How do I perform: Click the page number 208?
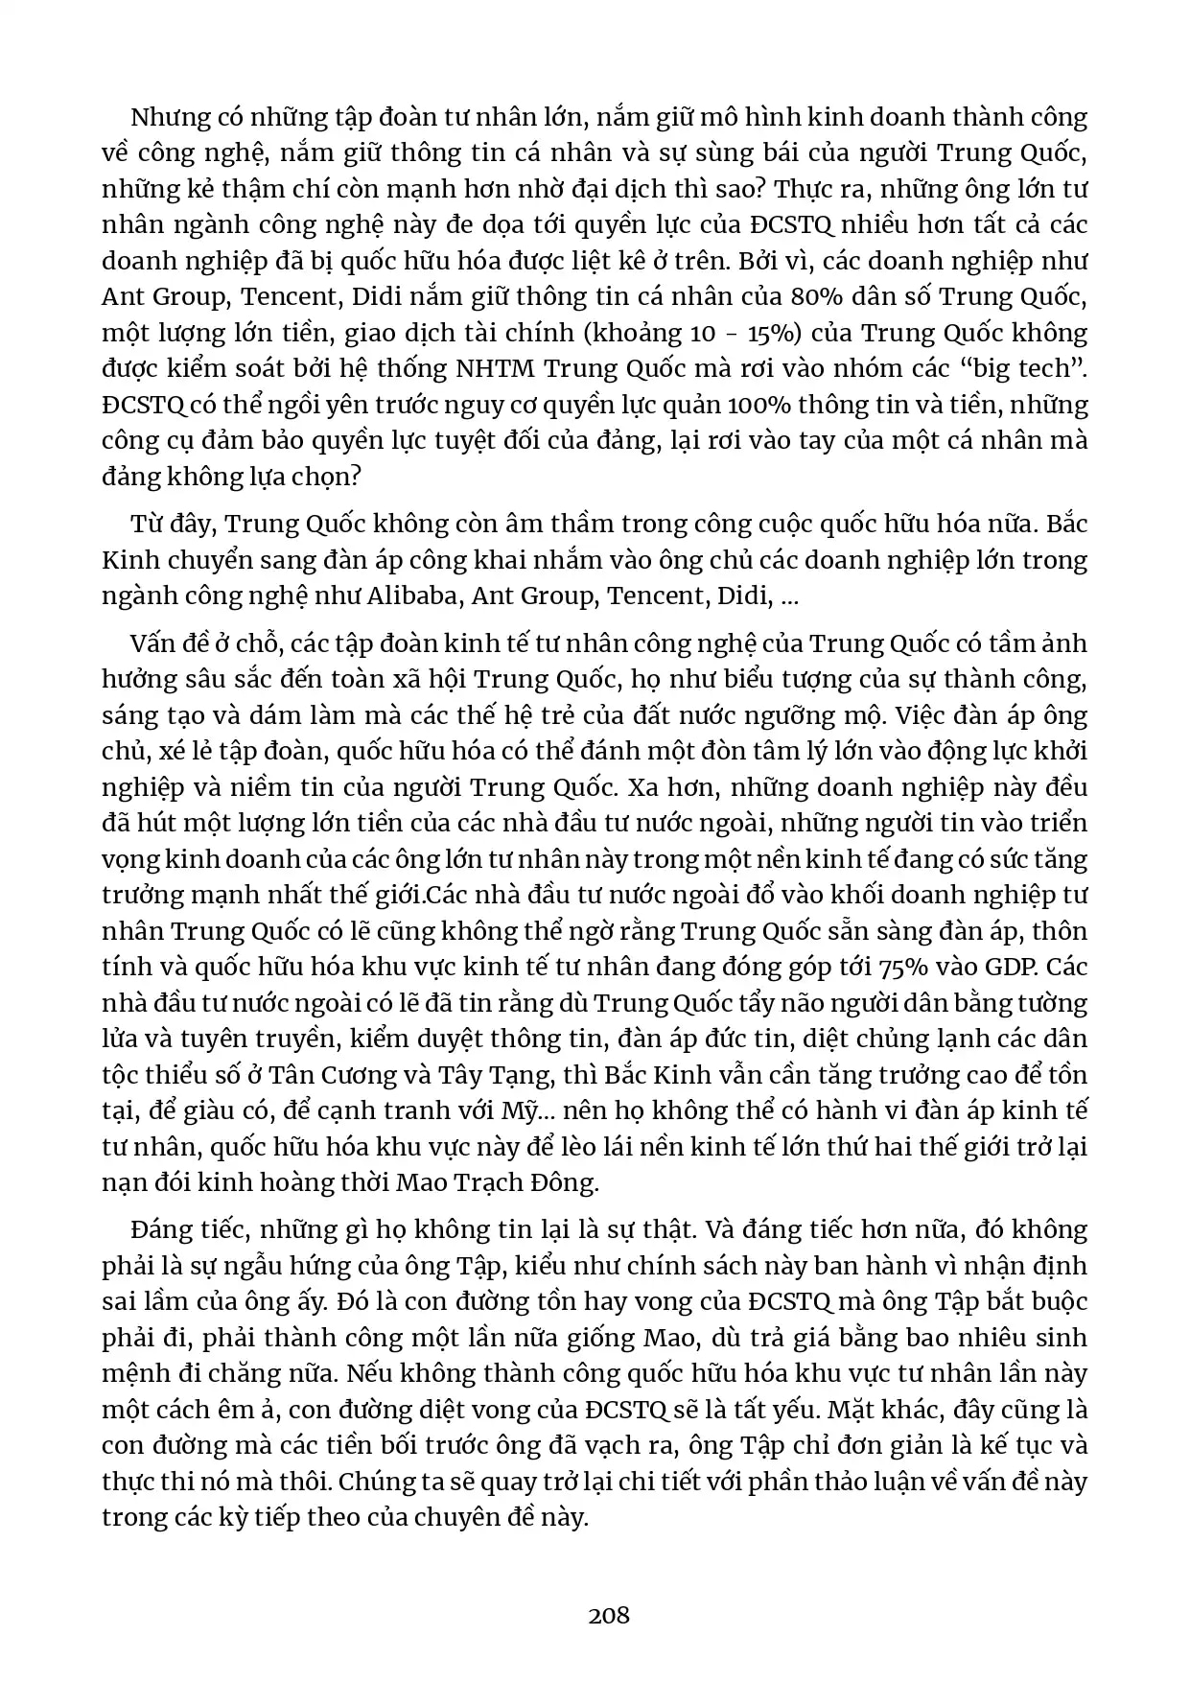[609, 1615]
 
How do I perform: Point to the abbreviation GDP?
[1011, 967]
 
